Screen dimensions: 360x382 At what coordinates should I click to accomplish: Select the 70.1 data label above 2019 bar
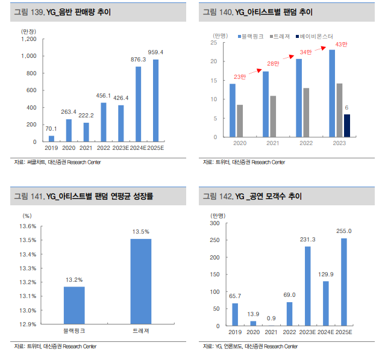(x=51, y=129)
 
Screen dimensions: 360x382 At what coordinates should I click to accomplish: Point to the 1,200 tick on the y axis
(x=29, y=39)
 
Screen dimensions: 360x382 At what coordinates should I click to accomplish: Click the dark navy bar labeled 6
(x=346, y=125)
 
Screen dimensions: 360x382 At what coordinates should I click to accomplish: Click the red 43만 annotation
(x=341, y=45)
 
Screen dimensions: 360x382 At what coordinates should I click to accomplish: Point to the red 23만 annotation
(x=240, y=76)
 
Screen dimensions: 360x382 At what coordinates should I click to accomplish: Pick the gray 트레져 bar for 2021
(x=273, y=116)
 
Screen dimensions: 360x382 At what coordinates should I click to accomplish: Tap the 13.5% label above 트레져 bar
(x=141, y=232)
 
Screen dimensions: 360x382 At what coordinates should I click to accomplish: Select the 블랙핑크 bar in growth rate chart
(x=74, y=305)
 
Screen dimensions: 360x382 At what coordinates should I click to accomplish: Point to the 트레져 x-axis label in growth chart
(x=141, y=332)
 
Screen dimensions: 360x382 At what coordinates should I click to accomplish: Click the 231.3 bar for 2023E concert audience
(x=307, y=286)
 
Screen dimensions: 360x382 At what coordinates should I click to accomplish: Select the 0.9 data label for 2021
(x=271, y=318)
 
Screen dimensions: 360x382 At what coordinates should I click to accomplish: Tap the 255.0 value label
(x=343, y=231)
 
